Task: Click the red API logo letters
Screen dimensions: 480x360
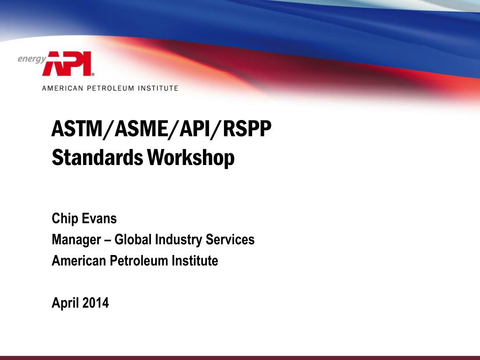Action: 67,63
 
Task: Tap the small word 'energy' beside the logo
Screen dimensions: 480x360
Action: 32,59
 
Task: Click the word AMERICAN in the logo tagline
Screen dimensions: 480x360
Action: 62,88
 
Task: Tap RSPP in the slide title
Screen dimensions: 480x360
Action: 247,128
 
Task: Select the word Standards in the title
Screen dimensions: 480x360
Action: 97,157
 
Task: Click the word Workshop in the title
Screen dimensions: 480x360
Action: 191,158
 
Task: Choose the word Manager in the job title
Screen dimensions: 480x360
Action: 76,240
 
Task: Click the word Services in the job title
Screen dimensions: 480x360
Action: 230,240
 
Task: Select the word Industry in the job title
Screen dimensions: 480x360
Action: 179,240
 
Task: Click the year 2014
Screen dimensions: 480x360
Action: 96,303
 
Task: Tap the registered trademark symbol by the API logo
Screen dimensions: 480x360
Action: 93,74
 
